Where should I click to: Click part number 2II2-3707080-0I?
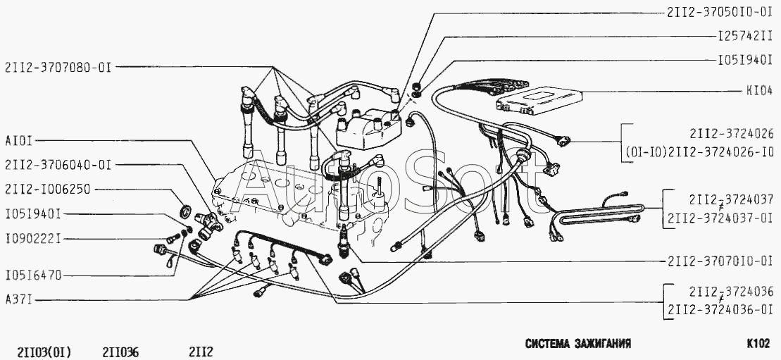[x=57, y=68]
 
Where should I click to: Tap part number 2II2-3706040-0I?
[x=57, y=165]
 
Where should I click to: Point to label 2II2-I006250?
[x=48, y=189]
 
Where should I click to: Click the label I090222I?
[x=32, y=239]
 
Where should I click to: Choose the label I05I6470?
[x=32, y=275]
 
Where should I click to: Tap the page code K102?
[x=758, y=345]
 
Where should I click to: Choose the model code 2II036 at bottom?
[x=120, y=351]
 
